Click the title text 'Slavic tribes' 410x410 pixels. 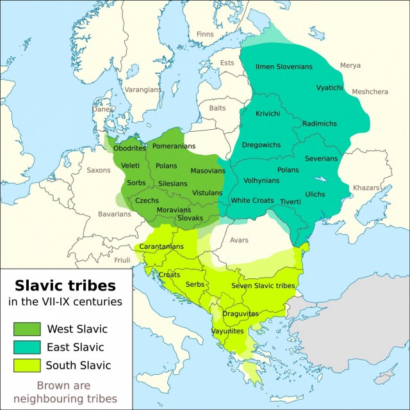[65, 284]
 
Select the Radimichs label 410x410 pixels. [319, 123]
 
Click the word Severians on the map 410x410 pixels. [321, 158]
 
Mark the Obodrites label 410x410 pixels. [130, 148]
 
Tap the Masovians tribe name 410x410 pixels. [208, 171]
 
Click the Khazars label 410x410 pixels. [366, 187]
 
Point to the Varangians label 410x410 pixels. [143, 90]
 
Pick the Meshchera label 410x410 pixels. [370, 91]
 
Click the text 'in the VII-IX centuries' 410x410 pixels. [65, 301]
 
